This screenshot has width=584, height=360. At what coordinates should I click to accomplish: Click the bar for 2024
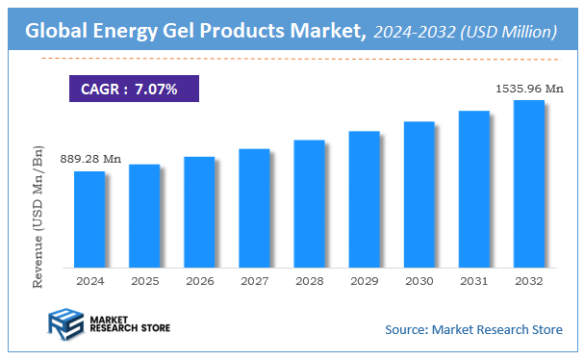click(x=89, y=219)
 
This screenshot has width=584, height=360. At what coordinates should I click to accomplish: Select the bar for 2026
click(x=198, y=212)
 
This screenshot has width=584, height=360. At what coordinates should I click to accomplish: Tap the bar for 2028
click(x=308, y=204)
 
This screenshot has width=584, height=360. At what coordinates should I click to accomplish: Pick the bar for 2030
click(x=419, y=194)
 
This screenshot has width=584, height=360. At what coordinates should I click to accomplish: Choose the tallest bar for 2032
click(x=528, y=184)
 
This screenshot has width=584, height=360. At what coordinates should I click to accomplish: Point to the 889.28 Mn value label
click(x=89, y=158)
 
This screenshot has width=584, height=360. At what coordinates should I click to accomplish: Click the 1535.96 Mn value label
click(x=528, y=89)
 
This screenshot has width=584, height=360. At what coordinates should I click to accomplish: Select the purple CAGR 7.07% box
click(x=133, y=90)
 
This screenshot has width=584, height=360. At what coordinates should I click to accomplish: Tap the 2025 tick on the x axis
click(x=143, y=281)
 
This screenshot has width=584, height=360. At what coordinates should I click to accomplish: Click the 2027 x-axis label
click(x=253, y=281)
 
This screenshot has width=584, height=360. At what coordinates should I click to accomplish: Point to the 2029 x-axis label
click(x=364, y=281)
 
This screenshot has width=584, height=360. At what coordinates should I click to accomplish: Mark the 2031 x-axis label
click(x=473, y=281)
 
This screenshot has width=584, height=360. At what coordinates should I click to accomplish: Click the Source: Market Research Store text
click(x=473, y=330)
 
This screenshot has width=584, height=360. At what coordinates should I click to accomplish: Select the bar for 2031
click(x=473, y=190)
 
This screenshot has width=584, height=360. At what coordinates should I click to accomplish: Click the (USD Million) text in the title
click(x=509, y=32)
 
